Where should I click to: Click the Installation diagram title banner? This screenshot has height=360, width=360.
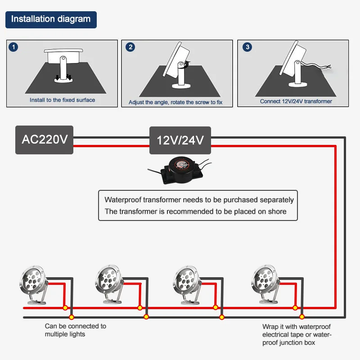coord(51,20)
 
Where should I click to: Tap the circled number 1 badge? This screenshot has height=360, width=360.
coord(13,47)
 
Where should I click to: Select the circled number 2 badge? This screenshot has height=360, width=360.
coord(130,47)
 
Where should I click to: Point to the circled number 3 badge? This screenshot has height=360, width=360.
coord(247,47)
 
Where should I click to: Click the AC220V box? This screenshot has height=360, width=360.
coord(44,140)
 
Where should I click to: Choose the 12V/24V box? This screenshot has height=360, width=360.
coord(180,140)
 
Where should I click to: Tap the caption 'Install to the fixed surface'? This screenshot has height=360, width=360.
coord(62,100)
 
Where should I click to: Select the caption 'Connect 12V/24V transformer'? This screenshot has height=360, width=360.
coord(296,101)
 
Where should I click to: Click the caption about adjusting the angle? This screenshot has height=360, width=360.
coord(175,102)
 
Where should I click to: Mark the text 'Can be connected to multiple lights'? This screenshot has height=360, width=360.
coord(76,330)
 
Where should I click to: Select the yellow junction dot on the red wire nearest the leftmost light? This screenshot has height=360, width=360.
coord(65,308)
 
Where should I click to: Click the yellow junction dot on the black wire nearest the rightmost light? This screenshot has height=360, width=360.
coord(302,317)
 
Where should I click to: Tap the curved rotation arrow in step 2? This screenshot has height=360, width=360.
coord(188,64)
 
